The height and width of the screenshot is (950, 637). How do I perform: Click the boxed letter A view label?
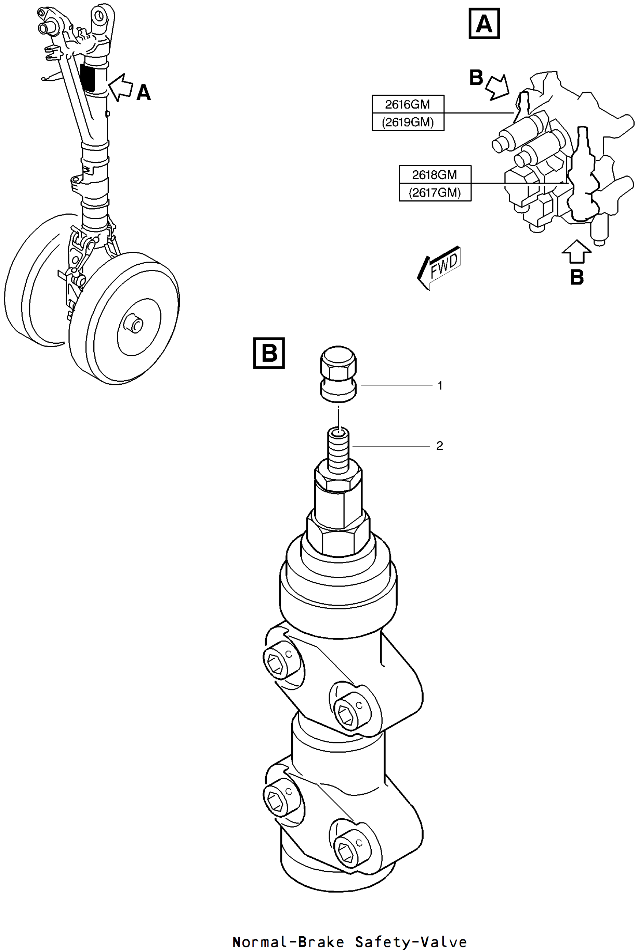[484, 24]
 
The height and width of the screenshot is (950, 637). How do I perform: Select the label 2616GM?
[408, 104]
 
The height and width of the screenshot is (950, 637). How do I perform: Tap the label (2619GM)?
[408, 122]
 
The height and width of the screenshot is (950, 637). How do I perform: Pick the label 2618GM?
[435, 175]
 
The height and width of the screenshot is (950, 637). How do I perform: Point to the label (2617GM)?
[435, 192]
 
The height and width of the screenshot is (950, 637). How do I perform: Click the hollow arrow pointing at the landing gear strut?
[121, 87]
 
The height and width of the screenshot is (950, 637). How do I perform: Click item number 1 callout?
[440, 385]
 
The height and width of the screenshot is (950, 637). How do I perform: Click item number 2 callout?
[440, 446]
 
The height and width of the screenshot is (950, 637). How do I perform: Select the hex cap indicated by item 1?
[339, 373]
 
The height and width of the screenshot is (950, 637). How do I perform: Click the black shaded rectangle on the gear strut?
[87, 77]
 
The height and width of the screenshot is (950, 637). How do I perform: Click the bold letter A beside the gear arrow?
[143, 93]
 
